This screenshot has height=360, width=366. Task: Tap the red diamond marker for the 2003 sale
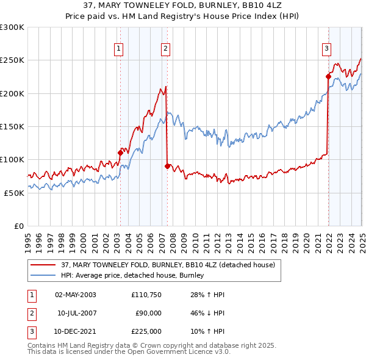tap(120, 153)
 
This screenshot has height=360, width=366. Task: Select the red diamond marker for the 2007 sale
tap(167, 166)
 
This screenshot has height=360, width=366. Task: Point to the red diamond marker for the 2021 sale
tap(328, 77)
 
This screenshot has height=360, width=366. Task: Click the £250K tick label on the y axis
tap(12, 60)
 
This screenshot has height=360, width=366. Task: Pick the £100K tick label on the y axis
tap(12, 159)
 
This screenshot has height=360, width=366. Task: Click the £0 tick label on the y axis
tap(18, 226)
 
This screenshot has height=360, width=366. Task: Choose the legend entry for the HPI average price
tap(132, 276)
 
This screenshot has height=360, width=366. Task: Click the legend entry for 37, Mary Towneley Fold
tap(168, 265)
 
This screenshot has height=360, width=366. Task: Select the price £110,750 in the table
tap(146, 295)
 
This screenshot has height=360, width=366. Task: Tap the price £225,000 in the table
tap(146, 331)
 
